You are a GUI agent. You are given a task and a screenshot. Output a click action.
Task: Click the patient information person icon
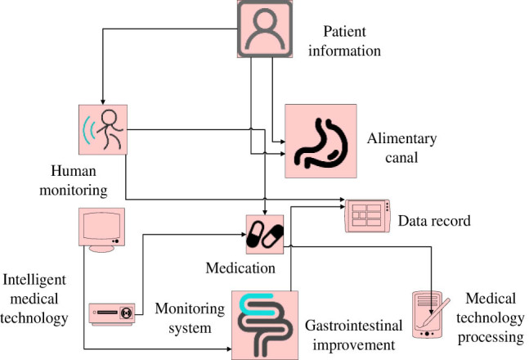tap(265, 29)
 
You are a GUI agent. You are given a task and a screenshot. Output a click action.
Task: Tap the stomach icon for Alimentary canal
tap(321, 141)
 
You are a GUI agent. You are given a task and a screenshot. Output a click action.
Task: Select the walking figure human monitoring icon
tap(103, 129)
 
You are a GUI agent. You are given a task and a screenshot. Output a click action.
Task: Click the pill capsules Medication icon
tap(265, 234)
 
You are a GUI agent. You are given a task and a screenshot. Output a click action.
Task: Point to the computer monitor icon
tap(102, 230)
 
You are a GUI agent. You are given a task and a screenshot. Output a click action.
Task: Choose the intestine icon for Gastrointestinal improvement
tap(265, 325)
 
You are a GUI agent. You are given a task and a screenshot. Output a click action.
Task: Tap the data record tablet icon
tap(367, 216)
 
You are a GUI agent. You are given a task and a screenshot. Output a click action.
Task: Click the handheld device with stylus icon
tap(430, 314)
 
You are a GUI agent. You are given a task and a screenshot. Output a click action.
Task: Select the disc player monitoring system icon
tap(112, 314)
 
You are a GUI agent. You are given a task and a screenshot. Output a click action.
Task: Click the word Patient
tap(344, 31)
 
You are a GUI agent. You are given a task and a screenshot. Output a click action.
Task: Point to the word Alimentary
tap(401, 139)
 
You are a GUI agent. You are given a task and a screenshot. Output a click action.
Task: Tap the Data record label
tap(434, 221)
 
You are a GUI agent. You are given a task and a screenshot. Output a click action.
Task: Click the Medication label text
tap(240, 268)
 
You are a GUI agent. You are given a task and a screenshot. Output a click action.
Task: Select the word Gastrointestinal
tap(353, 326)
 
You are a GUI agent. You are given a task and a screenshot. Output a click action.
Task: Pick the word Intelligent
tap(34, 280)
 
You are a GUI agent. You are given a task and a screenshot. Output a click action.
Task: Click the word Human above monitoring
tap(74, 171)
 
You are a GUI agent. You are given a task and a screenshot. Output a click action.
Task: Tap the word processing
tap(491, 338)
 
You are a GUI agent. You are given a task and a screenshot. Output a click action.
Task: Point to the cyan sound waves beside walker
tap(88, 130)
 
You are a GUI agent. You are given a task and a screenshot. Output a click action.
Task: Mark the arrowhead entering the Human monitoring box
tap(103, 102)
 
